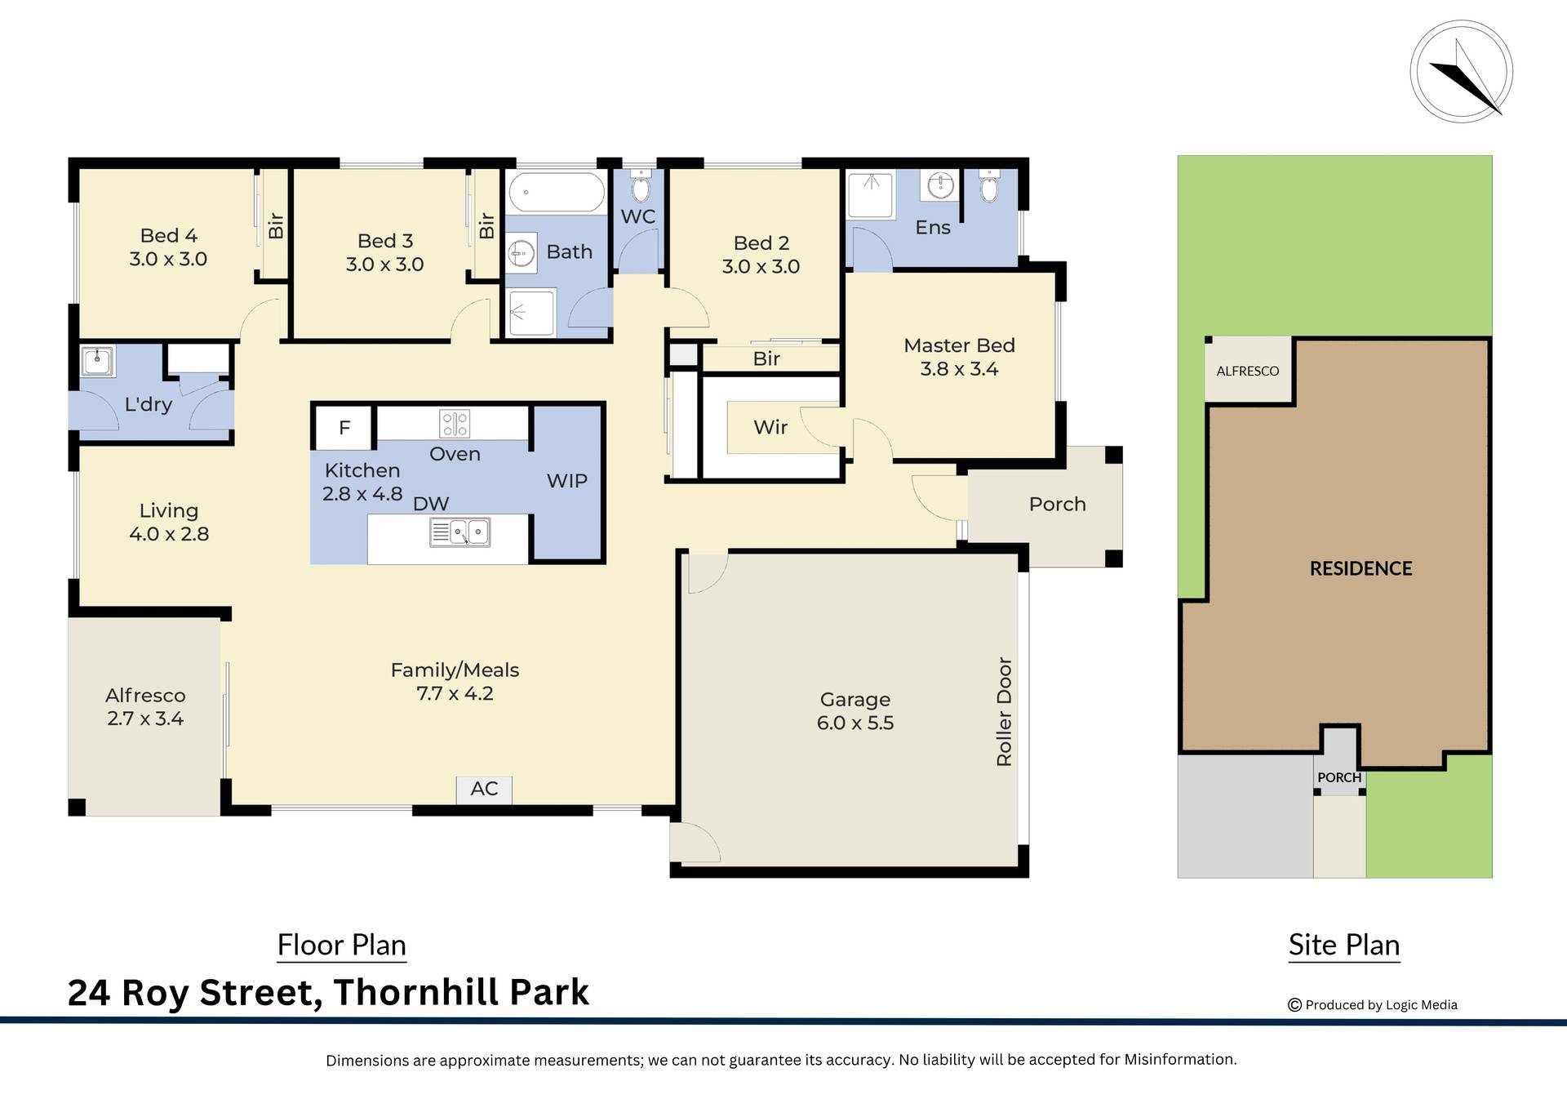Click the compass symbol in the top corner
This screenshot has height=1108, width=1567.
1461,72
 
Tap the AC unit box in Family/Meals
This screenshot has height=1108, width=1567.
484,789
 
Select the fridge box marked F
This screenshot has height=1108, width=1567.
344,427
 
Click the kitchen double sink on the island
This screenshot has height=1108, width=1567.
460,532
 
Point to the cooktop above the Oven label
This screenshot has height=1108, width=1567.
454,423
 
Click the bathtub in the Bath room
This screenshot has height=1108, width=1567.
556,193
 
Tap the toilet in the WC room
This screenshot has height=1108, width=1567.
641,188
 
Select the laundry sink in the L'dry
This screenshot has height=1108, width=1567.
97,360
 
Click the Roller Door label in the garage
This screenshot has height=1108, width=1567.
1004,711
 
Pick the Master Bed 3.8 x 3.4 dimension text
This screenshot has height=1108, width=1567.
959,369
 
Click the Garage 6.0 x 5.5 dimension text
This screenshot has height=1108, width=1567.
855,723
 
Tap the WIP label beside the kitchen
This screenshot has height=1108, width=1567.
566,481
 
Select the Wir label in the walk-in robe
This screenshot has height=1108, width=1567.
770,427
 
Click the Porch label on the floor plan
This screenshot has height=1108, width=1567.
1057,504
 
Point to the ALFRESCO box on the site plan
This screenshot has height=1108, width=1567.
1247,371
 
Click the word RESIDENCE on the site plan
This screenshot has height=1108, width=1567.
1361,568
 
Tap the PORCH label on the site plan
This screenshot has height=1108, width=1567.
1338,777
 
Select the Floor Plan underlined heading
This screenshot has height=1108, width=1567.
341,945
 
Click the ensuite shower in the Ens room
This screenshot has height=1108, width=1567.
871,194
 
